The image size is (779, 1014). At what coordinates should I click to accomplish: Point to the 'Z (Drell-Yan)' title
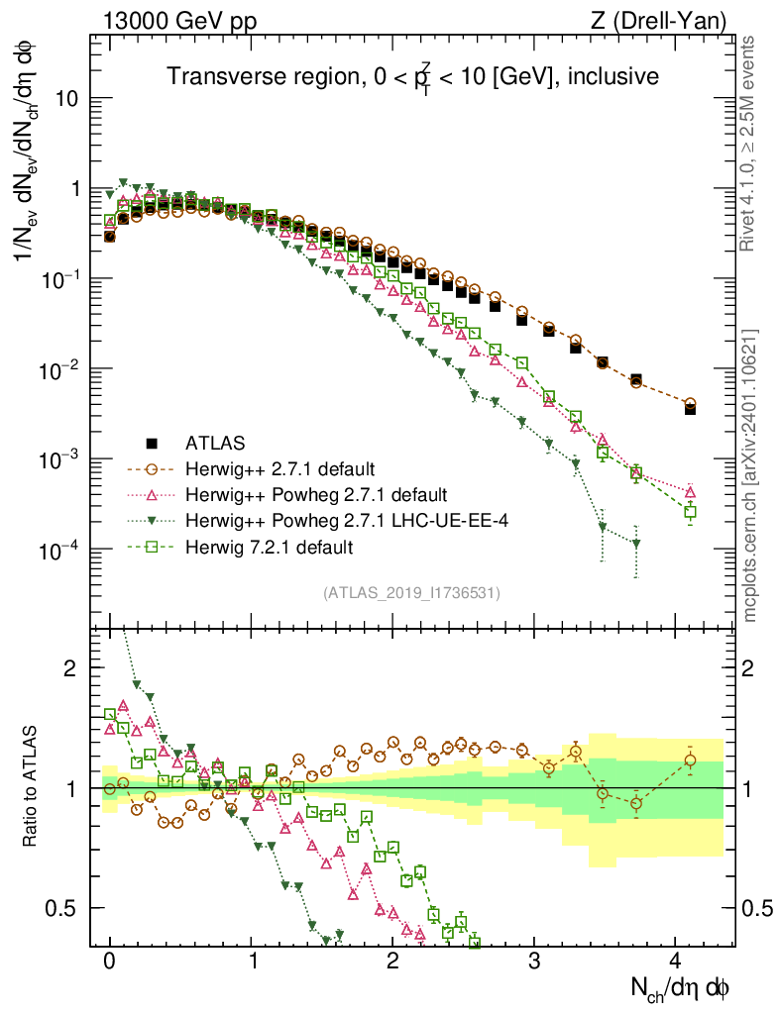(x=669, y=20)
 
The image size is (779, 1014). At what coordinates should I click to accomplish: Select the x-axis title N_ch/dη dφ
(x=683, y=987)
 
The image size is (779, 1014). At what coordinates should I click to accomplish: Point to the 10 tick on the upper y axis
(x=67, y=99)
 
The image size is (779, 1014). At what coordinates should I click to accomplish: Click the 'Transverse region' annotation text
(x=411, y=76)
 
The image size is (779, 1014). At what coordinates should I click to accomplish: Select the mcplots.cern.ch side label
(x=750, y=475)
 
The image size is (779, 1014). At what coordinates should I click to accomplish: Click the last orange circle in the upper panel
(x=690, y=404)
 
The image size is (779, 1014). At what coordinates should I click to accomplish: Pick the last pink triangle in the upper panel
(x=690, y=491)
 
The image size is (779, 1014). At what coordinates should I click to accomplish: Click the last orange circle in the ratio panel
(x=690, y=760)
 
